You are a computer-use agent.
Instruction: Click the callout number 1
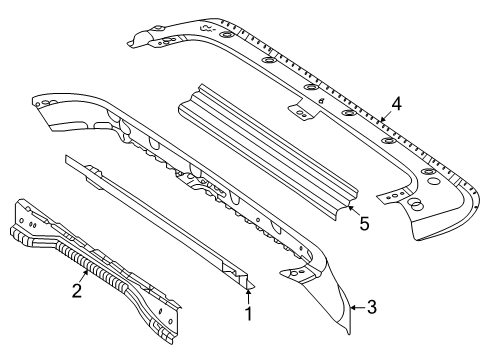248,313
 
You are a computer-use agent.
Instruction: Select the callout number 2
77,290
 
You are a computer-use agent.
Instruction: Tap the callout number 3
372,307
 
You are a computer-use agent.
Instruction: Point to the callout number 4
396,104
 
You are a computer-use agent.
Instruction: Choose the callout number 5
364,223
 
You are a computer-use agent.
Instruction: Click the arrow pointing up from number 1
248,297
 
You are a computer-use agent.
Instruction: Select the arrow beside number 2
84,276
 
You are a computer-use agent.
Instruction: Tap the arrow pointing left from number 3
358,307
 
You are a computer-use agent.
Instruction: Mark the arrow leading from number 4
385,116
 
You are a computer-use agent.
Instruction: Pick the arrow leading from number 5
353,211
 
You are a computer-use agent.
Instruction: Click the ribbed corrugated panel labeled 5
268,152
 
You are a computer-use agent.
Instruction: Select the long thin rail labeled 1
160,221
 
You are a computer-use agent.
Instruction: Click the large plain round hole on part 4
434,181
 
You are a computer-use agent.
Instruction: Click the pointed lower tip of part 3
349,332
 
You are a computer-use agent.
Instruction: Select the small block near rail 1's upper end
94,177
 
